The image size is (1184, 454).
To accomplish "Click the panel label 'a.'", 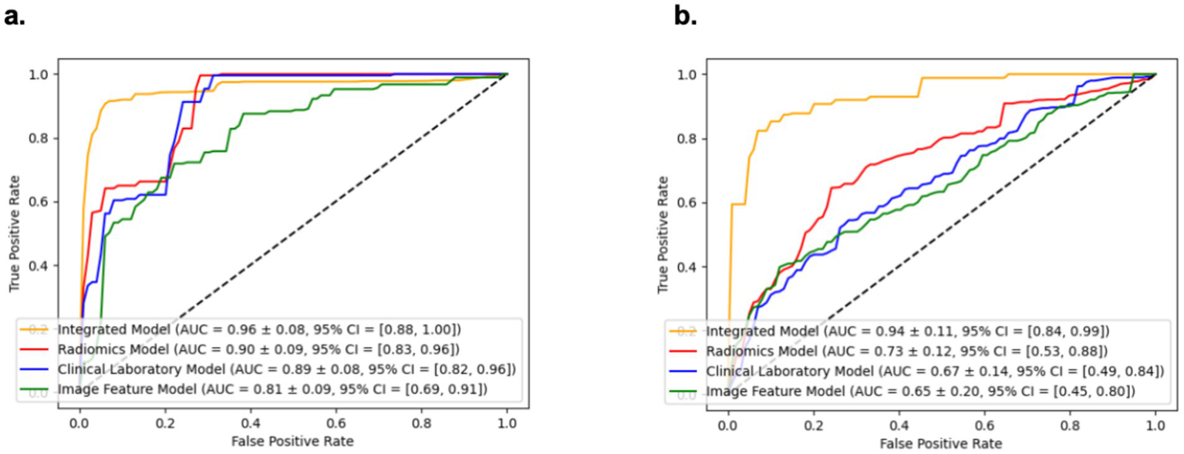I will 15,16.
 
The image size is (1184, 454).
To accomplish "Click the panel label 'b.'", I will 684,16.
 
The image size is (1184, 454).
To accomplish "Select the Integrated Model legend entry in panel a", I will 259,330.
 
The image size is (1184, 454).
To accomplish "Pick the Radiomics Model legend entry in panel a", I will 259,350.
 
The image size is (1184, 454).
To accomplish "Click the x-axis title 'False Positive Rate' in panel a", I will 293,442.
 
